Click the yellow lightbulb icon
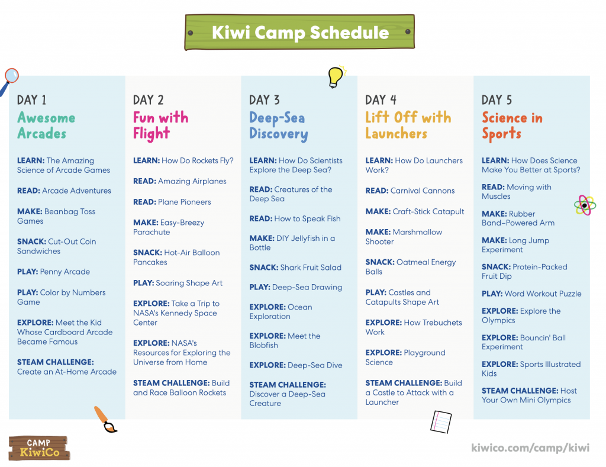336,76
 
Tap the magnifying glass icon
9,81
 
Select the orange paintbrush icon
105,419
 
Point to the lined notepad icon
441,422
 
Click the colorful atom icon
585,205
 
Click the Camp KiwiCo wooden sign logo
39,448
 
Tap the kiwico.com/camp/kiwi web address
530,447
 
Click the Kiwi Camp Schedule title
300,33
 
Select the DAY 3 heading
265,100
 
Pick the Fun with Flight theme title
161,125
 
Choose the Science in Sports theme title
512,125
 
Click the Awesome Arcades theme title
46,125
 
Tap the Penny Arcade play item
53,272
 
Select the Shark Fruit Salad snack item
295,268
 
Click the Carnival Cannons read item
410,191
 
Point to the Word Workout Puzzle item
531,294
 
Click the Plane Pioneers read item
172,202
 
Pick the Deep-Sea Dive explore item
296,365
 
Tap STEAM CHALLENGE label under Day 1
55,362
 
